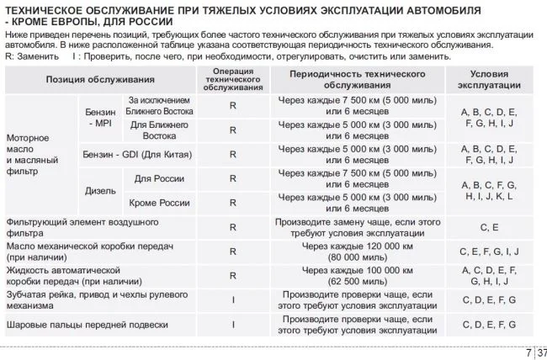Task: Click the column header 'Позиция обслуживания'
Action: (x=99, y=79)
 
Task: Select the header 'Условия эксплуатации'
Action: (x=489, y=79)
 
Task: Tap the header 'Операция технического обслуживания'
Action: (x=232, y=79)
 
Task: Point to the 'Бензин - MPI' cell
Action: (x=98, y=118)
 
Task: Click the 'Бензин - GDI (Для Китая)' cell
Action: (x=136, y=155)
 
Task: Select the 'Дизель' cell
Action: (x=100, y=190)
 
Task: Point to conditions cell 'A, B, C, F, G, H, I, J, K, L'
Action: (x=489, y=190)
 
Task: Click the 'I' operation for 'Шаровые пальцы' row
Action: (x=232, y=323)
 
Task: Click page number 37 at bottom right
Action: (x=540, y=352)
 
